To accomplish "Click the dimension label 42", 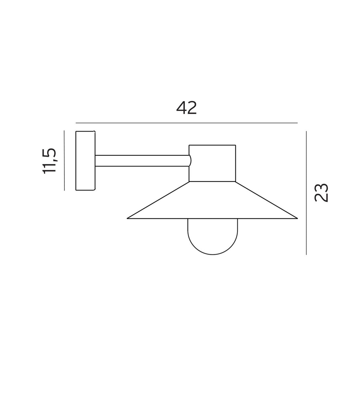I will point(186,108).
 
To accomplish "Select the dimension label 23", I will point(321,193).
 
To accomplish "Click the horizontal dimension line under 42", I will point(186,123).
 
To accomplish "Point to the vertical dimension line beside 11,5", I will point(64,160).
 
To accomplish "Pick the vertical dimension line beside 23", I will point(306,193).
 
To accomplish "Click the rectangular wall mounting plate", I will point(85,161).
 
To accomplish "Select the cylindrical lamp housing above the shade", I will point(212,163).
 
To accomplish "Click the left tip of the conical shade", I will point(128,218).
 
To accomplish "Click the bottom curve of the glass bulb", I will point(212,254).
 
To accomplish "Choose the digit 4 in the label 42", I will point(181,108).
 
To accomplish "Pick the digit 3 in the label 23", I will point(321,188).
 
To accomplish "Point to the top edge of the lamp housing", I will point(212,145).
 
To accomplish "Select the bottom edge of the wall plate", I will point(85,190).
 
